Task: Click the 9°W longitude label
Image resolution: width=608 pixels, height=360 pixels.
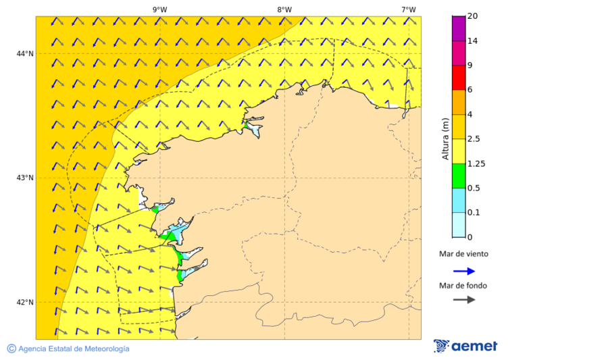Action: pos(159,9)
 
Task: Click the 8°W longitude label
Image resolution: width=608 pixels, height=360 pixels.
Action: pos(284,9)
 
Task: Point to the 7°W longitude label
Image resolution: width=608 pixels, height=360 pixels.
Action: pos(408,9)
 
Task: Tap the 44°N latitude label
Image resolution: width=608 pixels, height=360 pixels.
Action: pos(25,53)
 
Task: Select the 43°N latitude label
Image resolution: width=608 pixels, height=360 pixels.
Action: pos(25,178)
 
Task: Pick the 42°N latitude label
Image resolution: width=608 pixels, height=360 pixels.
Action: pos(25,302)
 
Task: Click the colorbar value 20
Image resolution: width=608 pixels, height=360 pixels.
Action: pos(472,16)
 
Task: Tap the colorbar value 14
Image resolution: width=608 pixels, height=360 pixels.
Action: pos(472,41)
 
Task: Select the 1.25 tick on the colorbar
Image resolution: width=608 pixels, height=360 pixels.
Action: pos(476,163)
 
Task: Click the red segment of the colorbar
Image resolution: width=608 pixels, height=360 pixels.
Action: pos(459,77)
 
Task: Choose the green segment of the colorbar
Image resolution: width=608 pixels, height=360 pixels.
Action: pos(459,176)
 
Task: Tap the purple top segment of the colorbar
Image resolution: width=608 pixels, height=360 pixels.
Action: pos(459,28)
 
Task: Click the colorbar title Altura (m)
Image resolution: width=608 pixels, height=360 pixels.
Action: pos(445,138)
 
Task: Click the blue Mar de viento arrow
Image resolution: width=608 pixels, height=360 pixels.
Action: pos(464,271)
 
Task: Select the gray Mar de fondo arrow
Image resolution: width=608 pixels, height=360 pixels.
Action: pos(464,300)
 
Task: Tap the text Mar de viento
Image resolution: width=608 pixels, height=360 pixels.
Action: pos(463,255)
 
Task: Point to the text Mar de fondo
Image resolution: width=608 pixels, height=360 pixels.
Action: pos(463,285)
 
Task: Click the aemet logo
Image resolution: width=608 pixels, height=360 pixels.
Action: pos(465,346)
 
